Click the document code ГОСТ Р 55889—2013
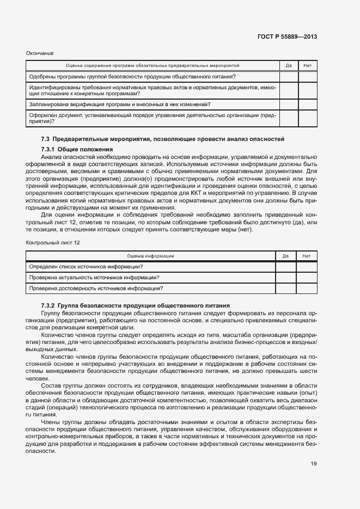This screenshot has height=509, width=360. click(x=287, y=37)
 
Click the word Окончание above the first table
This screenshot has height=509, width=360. click(x=40, y=53)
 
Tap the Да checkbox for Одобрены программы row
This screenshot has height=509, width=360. click(x=289, y=77)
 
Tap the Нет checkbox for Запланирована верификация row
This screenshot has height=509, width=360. click(x=307, y=104)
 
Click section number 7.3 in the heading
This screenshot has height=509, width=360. click(x=46, y=139)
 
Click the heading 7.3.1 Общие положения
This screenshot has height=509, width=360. click(x=77, y=149)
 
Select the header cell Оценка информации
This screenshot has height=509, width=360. click(x=150, y=255)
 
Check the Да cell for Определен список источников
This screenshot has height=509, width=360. click(x=285, y=266)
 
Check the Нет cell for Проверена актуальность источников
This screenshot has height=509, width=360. click(x=306, y=277)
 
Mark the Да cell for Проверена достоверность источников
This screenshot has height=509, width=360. click(x=285, y=288)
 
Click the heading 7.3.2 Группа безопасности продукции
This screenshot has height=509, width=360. click(x=135, y=306)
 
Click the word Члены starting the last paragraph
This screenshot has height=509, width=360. click(x=50, y=421)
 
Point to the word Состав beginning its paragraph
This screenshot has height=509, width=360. click(x=51, y=386)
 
